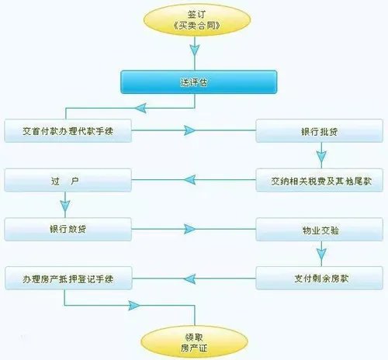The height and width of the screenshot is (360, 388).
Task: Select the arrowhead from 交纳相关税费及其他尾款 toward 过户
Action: click(x=190, y=181)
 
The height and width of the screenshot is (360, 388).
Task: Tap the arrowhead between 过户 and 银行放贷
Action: click(x=65, y=206)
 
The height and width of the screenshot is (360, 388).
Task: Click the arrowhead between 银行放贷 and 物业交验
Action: click(x=189, y=229)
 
